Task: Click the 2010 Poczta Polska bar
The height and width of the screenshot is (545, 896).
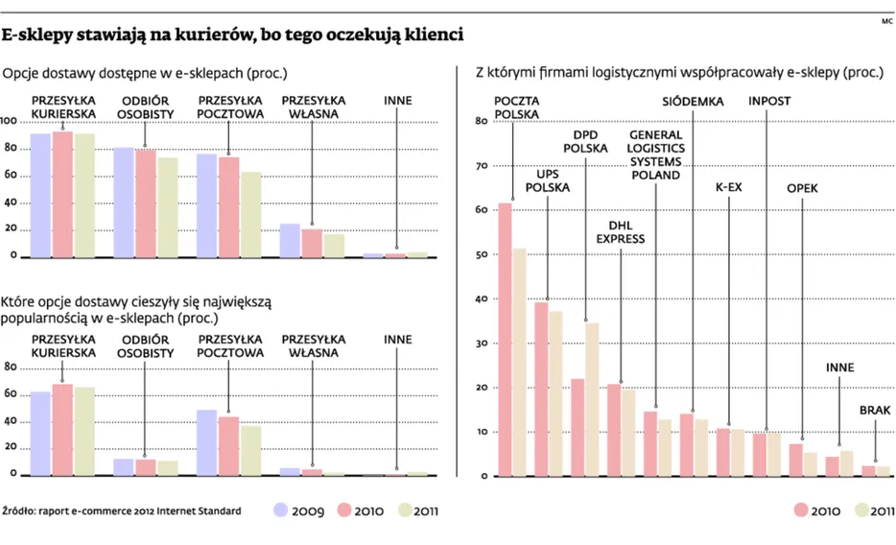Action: tap(505, 340)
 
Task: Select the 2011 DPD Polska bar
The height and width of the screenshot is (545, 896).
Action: tap(592, 399)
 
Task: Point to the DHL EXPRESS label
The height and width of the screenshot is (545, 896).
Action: tap(621, 231)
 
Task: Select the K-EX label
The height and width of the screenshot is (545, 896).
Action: tap(729, 188)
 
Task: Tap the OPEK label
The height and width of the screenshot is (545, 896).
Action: tap(802, 188)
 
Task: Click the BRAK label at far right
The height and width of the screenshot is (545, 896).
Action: tap(874, 410)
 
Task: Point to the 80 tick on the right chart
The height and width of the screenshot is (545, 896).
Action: tap(482, 122)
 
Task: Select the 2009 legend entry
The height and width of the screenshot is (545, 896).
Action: tap(306, 510)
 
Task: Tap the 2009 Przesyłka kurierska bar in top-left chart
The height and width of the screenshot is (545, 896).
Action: tap(40, 195)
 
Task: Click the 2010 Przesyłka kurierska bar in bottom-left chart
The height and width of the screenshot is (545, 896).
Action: tap(62, 430)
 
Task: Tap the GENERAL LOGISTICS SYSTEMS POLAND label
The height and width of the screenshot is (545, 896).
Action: tap(655, 155)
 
